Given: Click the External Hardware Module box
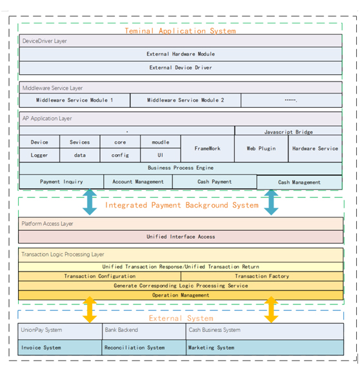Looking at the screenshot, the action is pos(181,54).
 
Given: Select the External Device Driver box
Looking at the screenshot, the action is pos(181,68).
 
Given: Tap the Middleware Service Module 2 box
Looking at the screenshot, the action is pos(185,100).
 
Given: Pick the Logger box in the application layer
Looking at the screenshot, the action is pos(39,155).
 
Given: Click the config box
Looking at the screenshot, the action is pos(120,155).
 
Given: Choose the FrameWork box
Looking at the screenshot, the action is pos(208,148).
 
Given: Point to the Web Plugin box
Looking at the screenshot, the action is pos(261,148).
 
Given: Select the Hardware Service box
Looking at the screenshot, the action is pos(315,148).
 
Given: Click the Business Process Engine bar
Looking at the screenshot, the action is pos(181,168).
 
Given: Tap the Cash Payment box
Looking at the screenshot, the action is pos(214,182).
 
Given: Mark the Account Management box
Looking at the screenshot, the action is pos(138,182).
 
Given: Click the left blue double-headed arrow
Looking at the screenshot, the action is pos(90,202).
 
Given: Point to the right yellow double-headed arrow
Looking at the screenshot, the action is pos(271,310).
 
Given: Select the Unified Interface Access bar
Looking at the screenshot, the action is pos(181,237).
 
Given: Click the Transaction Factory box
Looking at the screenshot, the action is pos(262,276).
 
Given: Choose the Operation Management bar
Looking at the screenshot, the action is pos(181,295).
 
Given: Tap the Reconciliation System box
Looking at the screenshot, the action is pos(144,348).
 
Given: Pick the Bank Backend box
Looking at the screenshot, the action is pos(144,331).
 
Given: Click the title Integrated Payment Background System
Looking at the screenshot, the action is pos(182,205).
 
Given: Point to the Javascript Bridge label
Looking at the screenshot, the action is pos(288,132).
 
